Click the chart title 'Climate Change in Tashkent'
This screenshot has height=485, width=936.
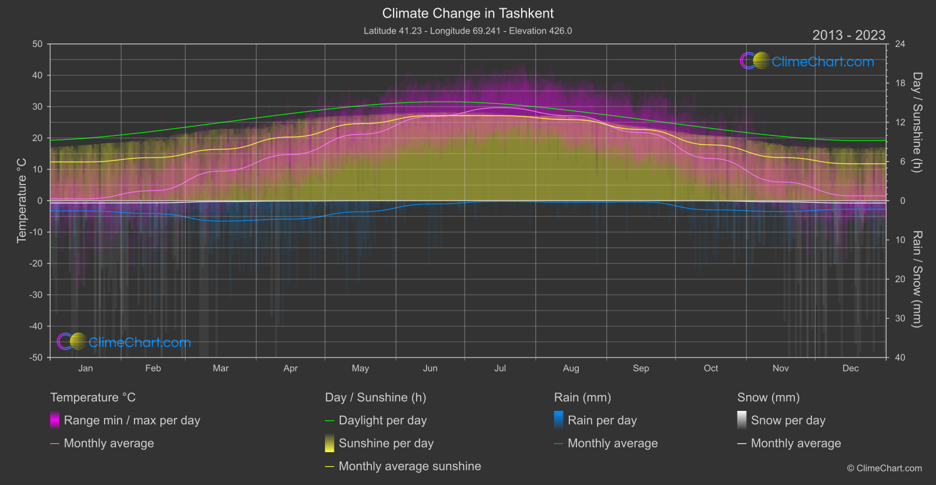[468, 13]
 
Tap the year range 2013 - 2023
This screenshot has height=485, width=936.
[848, 35]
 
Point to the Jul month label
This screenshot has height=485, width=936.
[500, 368]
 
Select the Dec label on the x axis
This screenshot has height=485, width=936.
[850, 368]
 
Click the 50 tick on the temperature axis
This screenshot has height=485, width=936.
[38, 44]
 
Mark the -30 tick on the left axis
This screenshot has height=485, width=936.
[36, 295]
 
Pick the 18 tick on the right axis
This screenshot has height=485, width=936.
[900, 83]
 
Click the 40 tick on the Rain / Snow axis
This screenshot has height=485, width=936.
[900, 357]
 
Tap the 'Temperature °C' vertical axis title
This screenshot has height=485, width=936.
[22, 200]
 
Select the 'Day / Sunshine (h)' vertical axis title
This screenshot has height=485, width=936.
[917, 122]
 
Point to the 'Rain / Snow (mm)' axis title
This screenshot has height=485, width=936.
[917, 279]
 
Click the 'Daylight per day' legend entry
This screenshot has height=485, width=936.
[383, 420]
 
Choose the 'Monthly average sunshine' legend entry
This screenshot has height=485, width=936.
[410, 466]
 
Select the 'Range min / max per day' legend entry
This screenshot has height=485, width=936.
[132, 420]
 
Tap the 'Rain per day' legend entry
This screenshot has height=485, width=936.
[602, 420]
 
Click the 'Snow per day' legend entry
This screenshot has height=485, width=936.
[788, 420]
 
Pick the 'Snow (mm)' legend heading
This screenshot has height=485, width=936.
[768, 397]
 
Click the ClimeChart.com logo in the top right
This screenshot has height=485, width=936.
[807, 61]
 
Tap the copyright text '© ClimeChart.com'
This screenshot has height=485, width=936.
[884, 468]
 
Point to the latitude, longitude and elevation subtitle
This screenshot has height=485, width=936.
[468, 31]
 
